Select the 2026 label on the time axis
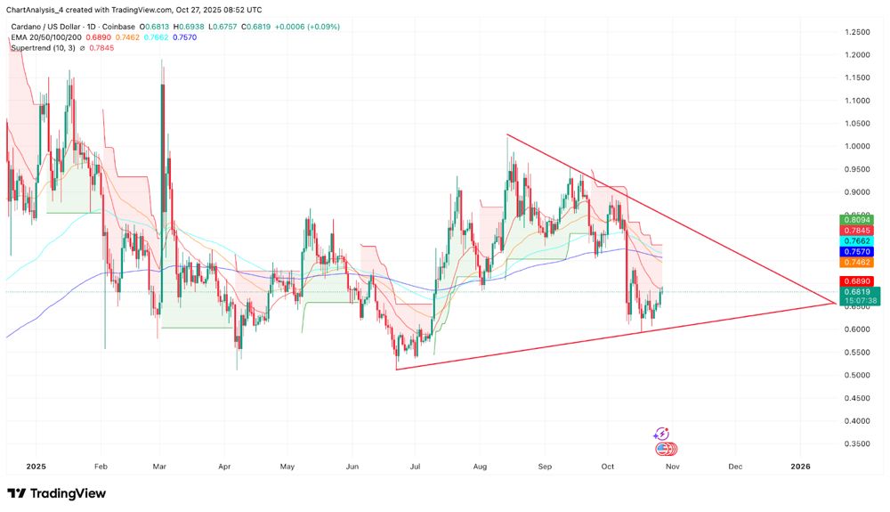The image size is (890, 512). point(800,466)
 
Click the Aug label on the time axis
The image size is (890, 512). point(481,466)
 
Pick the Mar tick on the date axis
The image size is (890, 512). point(160,466)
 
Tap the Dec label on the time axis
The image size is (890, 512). point(735,466)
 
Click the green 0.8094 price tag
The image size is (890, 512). point(860,219)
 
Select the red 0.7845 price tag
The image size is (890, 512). point(860,230)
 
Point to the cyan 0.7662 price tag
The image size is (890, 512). point(860,241)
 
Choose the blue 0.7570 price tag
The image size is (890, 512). point(860,252)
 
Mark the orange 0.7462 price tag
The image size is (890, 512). point(860,263)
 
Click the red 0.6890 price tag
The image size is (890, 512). point(860,280)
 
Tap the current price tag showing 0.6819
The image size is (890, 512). point(860,292)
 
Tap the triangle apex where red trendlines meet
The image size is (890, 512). point(835,303)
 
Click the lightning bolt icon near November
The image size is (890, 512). point(661,434)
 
